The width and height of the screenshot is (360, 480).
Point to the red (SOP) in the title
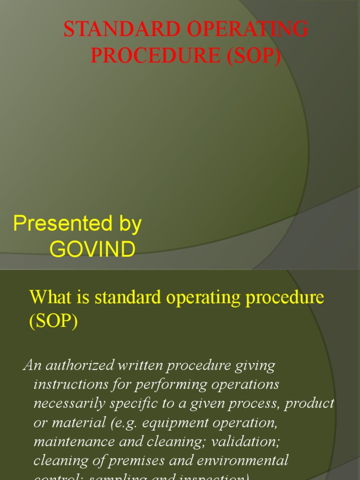255,56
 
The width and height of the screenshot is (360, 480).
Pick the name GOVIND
92,250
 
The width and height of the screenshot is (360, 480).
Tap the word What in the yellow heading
45,298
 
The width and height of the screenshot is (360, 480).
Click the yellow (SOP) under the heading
53,322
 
